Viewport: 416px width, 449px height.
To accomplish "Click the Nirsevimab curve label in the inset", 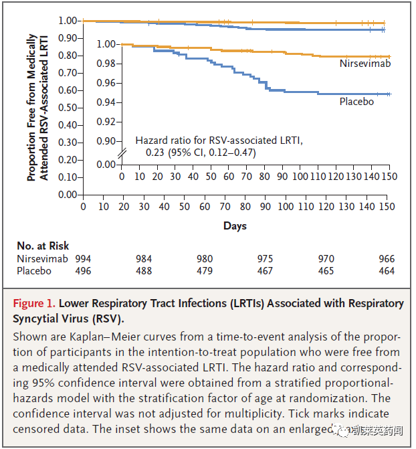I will click(x=365, y=64).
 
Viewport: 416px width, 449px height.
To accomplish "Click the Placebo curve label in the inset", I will click(x=356, y=102).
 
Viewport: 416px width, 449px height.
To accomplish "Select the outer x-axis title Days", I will click(x=235, y=226).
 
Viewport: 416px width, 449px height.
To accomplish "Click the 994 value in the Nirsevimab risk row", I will click(x=83, y=259).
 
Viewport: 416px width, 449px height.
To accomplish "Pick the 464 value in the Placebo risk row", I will click(x=386, y=271).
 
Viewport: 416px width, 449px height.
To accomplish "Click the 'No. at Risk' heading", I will click(x=43, y=246).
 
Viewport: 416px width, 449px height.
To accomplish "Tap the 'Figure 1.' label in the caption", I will click(x=33, y=303).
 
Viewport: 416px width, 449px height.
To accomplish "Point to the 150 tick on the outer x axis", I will click(x=386, y=207).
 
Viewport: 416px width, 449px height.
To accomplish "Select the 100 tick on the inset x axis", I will click(x=300, y=176).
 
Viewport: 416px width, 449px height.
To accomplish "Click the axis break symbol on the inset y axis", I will click(x=121, y=153).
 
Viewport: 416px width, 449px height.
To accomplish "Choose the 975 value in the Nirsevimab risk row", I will click(x=266, y=259).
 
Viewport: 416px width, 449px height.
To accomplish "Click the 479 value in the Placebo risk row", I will click(x=205, y=271).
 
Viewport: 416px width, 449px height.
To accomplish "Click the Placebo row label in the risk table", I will click(x=35, y=271).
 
